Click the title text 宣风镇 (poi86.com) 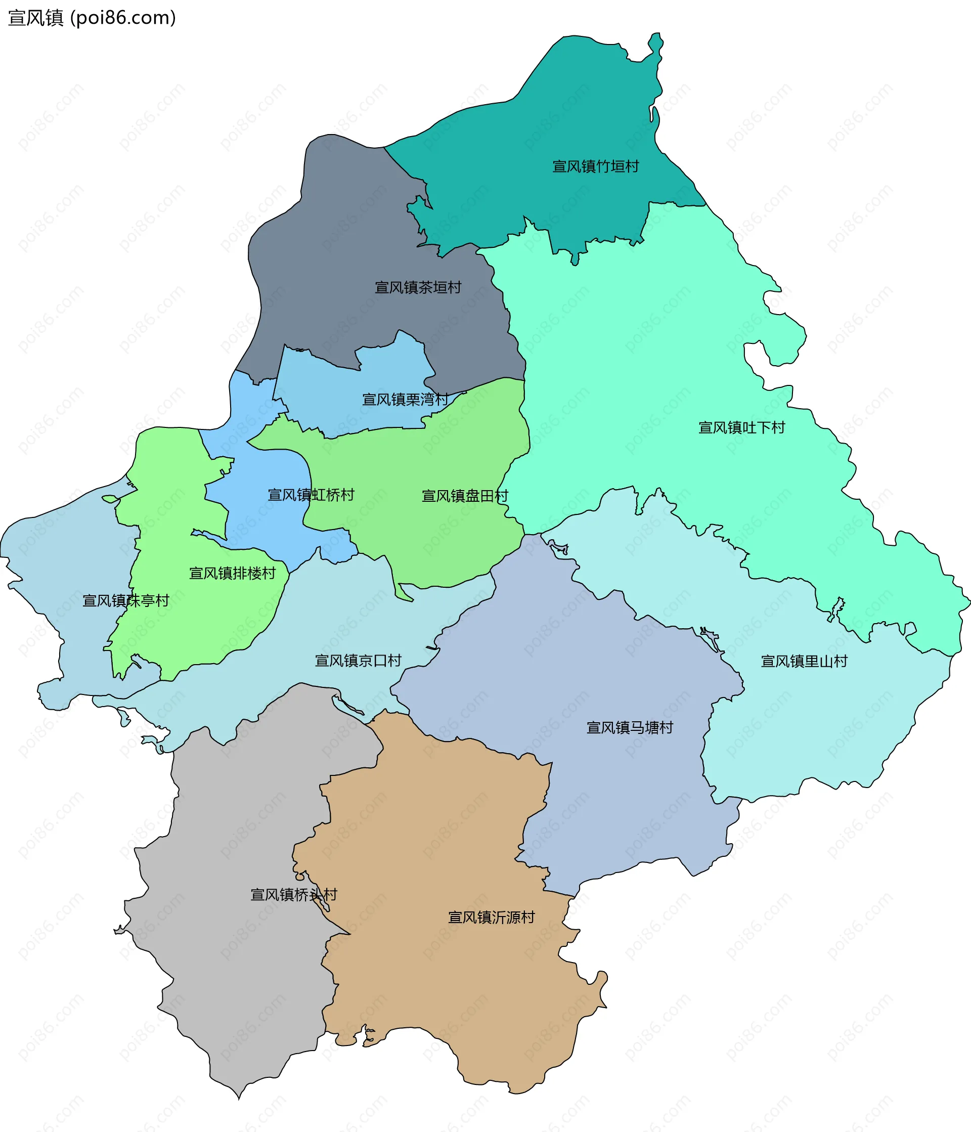coord(92,18)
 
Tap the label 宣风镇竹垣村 coord(595,166)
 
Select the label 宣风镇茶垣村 coord(418,287)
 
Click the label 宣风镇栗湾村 coord(405,400)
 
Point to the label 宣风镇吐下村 coord(741,428)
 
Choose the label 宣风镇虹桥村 coord(311,495)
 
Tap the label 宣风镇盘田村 coord(465,496)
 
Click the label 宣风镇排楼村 coord(232,573)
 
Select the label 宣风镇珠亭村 coord(125,600)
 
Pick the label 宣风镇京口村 coord(358,661)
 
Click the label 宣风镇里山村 coord(804,661)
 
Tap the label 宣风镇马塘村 coord(630,727)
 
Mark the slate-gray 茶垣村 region coord(339,230)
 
